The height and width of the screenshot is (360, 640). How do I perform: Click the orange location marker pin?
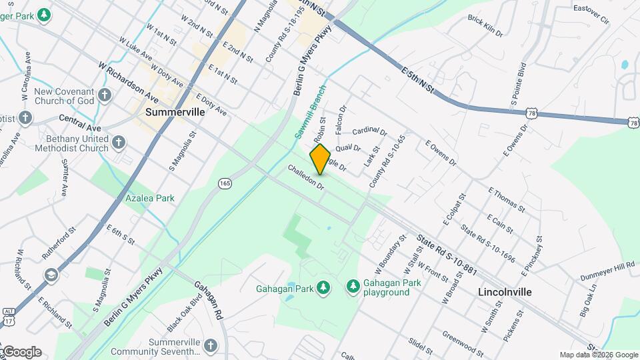(320, 159)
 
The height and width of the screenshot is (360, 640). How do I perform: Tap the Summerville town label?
(175, 112)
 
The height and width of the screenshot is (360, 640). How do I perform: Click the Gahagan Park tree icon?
(323, 287)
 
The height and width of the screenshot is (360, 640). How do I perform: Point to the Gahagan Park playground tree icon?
(353, 287)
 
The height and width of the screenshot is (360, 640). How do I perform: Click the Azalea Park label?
(150, 198)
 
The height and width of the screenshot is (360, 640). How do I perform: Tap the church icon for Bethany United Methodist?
(119, 142)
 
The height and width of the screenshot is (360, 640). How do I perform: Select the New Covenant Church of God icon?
(105, 95)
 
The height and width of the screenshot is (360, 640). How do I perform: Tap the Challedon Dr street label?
(306, 178)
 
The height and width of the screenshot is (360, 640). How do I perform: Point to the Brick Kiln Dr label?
(485, 27)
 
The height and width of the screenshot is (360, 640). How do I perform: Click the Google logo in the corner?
(21, 351)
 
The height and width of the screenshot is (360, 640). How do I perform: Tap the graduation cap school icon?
(51, 275)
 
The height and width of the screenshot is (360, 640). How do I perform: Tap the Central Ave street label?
(79, 123)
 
